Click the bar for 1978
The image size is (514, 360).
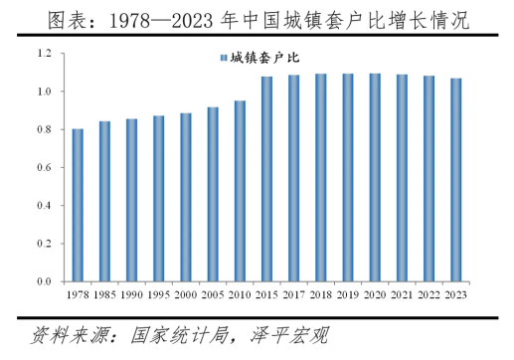[78, 205]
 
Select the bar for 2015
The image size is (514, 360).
[266, 179]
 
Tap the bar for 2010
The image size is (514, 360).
[240, 191]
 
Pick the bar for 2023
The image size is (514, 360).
[456, 180]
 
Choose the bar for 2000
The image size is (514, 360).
[186, 198]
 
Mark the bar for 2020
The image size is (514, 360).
[375, 178]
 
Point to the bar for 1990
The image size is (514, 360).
[132, 200]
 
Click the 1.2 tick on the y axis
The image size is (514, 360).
[45, 53]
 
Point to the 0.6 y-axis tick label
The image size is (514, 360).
[45, 167]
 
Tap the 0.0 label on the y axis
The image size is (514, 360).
[45, 281]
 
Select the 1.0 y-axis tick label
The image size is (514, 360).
[45, 91]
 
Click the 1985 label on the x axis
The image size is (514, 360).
[104, 294]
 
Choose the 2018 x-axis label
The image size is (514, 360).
[321, 294]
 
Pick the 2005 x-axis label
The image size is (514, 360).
[213, 294]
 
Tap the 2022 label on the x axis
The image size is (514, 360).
[428, 294]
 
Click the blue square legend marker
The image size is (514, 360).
[224, 58]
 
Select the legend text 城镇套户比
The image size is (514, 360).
[264, 58]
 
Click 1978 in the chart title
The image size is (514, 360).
[129, 21]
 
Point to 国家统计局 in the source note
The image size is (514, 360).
[180, 335]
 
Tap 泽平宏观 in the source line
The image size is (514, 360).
[289, 335]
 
